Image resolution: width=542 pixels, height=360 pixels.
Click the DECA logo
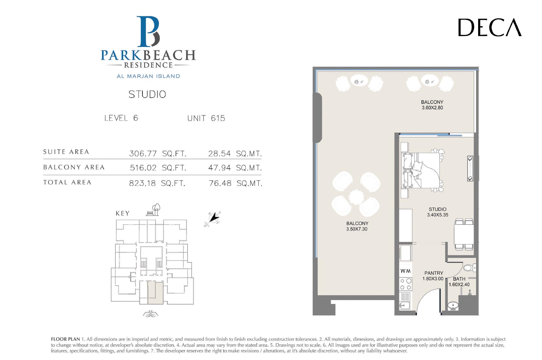coord(490,27)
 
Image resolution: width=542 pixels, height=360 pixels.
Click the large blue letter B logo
coord(148,32)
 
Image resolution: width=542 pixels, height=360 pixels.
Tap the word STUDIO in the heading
coord(147,94)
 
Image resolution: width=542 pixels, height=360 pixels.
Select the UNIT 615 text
coord(206,118)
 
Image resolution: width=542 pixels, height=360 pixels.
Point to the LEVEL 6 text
coord(121,118)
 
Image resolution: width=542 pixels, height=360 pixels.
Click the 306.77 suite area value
coord(143,154)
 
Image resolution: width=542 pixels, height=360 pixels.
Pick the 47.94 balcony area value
coord(220,168)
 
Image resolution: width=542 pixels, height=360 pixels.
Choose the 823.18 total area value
coord(142,183)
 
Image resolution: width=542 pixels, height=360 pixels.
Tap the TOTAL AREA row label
coord(67,182)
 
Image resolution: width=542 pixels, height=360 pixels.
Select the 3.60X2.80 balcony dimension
coord(432,108)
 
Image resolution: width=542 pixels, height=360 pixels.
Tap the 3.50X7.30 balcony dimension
coord(357,229)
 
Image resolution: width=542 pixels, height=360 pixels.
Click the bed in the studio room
coord(422,171)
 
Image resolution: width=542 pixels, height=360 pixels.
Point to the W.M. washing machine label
coord(405,271)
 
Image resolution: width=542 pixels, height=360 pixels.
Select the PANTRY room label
coord(434,273)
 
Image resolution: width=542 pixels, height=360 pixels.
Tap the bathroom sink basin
coord(453,306)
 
